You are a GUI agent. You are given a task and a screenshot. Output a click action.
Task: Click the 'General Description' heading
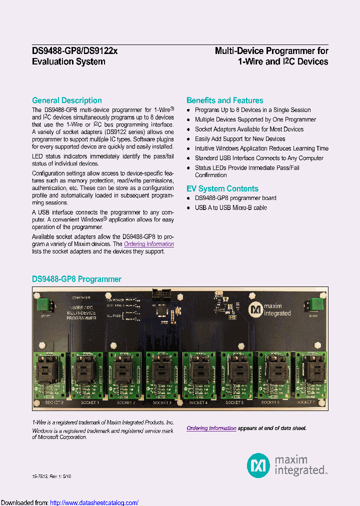tap(66, 100)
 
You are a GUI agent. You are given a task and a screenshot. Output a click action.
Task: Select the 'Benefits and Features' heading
tap(224, 100)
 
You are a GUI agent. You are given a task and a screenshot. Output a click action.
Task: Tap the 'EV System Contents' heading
tap(222, 188)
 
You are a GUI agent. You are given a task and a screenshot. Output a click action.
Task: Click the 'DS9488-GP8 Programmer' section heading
tap(76, 279)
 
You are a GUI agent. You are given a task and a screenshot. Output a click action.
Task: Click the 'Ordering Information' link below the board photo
tap(211, 428)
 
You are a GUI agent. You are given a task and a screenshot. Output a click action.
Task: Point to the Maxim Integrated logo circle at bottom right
tap(258, 464)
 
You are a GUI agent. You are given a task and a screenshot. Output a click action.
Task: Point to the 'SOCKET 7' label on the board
tap(305, 402)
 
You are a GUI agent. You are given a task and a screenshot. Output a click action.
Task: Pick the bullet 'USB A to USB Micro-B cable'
tap(230, 207)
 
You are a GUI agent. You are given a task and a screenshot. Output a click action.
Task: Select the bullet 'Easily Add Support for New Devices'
tap(240, 139)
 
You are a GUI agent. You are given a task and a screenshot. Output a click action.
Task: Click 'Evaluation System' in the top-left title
tap(68, 62)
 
